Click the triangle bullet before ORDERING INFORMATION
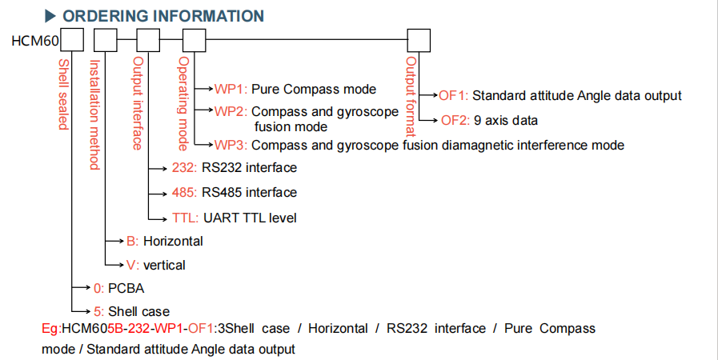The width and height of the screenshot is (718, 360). [50, 16]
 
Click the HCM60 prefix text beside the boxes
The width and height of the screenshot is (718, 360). [35, 41]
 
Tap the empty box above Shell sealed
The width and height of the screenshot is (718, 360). [72, 40]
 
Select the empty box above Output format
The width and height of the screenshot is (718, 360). [419, 41]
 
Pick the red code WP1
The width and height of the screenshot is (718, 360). [231, 89]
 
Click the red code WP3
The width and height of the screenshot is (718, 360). [231, 146]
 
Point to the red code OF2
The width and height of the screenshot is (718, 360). [455, 120]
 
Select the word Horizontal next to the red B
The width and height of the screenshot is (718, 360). [173, 241]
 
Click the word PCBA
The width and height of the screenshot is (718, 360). [126, 288]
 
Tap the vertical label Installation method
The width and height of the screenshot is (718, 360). [94, 114]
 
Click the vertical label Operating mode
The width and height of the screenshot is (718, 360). [183, 103]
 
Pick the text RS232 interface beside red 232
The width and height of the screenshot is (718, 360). [249, 168]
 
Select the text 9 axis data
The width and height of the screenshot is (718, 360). [506, 120]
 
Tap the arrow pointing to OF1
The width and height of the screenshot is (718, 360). [429, 96]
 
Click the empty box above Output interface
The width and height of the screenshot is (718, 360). [148, 40]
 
